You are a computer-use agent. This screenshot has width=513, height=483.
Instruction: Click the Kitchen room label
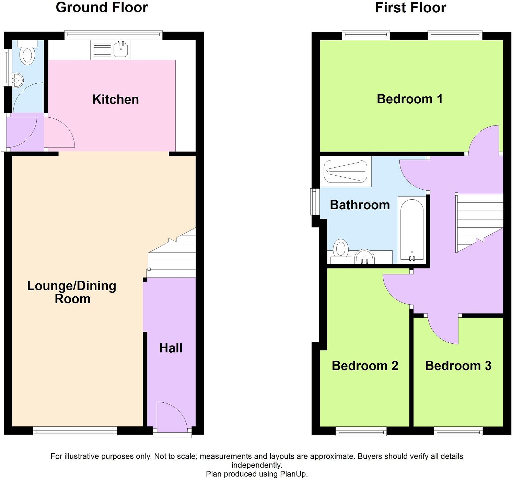click(116, 99)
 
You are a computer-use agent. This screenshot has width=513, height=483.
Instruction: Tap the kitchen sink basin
click(121, 50)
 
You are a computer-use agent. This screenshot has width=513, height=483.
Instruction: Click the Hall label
click(171, 348)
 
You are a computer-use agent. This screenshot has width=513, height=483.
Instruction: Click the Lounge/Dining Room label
click(72, 292)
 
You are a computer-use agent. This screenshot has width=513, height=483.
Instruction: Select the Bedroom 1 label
click(410, 99)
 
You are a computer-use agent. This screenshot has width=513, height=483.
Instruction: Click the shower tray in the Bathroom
click(346, 172)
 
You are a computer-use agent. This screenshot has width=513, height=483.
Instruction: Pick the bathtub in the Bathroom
click(411, 230)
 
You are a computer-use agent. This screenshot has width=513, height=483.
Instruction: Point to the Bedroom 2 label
click(365, 366)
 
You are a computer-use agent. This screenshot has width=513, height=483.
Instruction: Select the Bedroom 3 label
click(458, 366)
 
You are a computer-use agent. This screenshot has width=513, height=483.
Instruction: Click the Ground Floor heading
click(102, 8)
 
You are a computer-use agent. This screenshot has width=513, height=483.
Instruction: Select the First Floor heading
click(410, 8)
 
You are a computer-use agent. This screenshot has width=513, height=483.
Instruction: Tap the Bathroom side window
click(314, 202)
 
